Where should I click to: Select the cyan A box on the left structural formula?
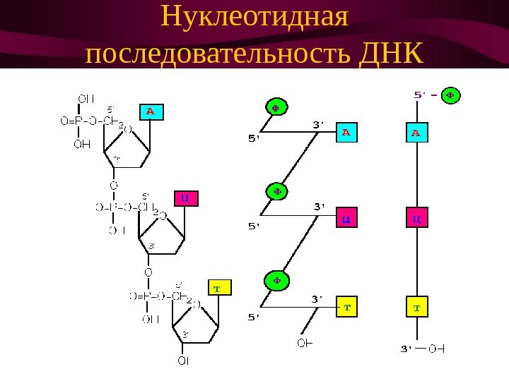[x=150, y=111]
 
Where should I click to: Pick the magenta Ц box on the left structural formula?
[x=185, y=198]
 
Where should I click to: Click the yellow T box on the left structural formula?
[x=217, y=289]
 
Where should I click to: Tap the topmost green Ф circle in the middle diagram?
[x=276, y=107]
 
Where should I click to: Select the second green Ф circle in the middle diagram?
[x=276, y=190]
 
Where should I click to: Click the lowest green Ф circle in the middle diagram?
[x=276, y=280]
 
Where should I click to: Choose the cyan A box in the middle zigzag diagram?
[x=346, y=132]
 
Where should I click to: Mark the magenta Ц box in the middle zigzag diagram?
[x=346, y=219]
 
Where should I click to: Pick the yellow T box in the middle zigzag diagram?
[x=346, y=308]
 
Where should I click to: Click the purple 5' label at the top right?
[x=419, y=94]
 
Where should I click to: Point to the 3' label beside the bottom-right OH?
[x=406, y=348]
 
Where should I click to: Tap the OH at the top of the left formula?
[x=86, y=98]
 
